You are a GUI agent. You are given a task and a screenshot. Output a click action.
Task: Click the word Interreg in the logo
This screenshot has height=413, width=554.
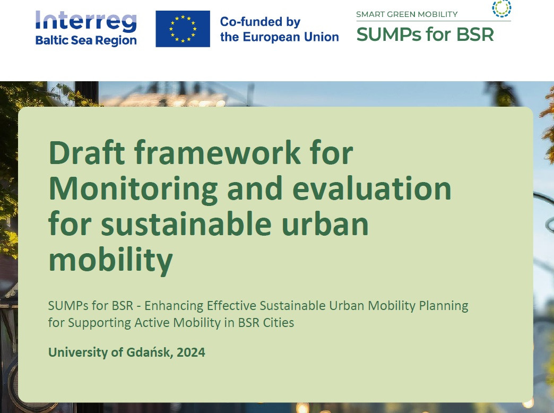tap(86, 22)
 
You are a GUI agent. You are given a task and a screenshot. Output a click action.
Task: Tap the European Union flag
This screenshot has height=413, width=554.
tap(183, 29)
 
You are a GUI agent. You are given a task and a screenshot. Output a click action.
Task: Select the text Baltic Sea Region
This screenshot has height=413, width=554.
tap(86, 40)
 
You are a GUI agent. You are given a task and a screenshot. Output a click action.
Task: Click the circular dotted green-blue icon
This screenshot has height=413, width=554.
tap(501, 7)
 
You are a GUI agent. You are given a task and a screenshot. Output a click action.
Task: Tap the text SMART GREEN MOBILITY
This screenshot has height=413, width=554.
tap(406, 14)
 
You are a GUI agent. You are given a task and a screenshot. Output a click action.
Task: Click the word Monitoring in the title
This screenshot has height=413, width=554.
tap(133, 189)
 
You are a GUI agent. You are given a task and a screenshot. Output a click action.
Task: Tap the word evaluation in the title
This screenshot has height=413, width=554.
tap(360, 189)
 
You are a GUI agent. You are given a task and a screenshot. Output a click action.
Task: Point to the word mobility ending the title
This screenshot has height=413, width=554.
tap(110, 260)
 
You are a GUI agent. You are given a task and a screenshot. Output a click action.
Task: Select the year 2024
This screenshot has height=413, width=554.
tap(191, 352)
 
